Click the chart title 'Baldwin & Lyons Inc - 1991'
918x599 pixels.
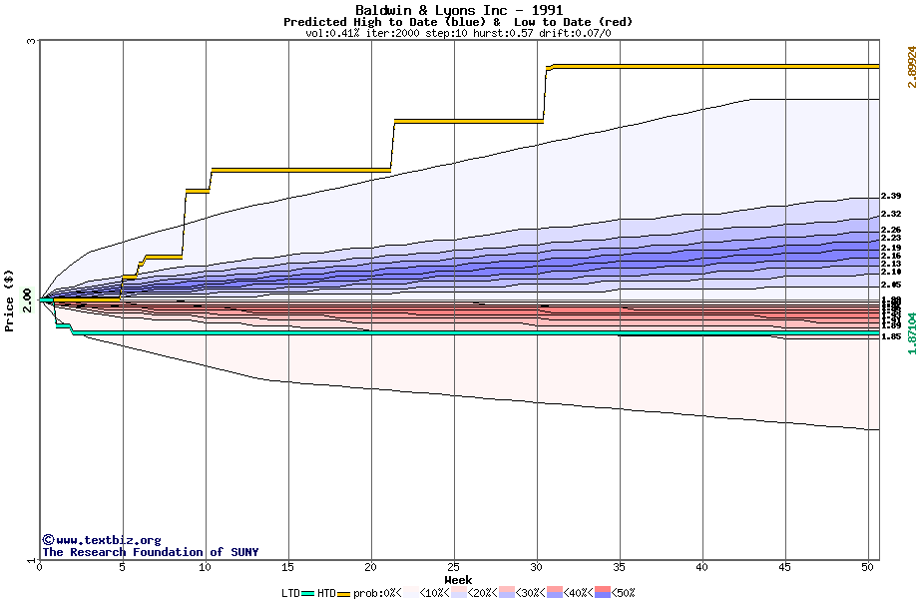click(458, 10)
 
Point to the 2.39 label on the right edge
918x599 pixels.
click(891, 196)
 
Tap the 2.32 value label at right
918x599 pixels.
click(891, 214)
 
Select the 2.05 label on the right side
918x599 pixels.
click(891, 285)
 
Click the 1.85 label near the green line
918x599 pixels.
click(891, 337)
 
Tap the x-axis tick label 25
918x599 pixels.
click(454, 568)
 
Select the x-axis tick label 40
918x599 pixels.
click(702, 568)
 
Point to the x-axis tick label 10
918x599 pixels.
click(206, 568)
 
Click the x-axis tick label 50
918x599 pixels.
click(868, 568)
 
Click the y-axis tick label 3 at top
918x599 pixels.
click(31, 42)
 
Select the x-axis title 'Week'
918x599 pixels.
click(458, 579)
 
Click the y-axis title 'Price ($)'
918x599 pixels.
click(10, 299)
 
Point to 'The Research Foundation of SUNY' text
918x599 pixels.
click(150, 552)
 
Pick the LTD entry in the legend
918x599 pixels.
click(291, 593)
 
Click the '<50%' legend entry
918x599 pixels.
click(619, 593)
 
